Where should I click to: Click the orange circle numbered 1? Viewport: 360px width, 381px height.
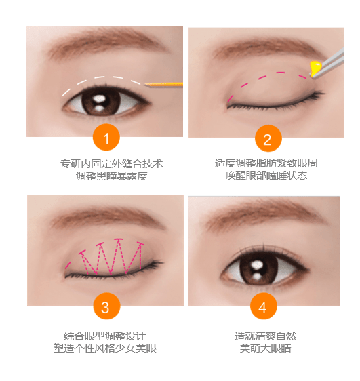point(106,138)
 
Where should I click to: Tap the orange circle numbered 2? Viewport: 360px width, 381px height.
point(268,138)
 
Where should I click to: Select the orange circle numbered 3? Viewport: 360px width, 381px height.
point(106,306)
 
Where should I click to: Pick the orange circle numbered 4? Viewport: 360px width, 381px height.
point(264,306)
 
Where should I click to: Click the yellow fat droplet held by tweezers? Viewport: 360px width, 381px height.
point(315,68)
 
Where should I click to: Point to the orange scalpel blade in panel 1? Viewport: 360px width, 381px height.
point(163,85)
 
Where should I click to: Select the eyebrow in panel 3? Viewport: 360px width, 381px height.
point(107,216)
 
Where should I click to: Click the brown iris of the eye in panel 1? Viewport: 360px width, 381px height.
point(101,101)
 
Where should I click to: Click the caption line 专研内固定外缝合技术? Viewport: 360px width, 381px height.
point(111,164)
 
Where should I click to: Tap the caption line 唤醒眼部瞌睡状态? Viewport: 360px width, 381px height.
point(266,175)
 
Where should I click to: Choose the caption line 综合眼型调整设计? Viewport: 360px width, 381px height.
point(104,336)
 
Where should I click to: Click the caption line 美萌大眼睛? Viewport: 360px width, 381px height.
point(265,348)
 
